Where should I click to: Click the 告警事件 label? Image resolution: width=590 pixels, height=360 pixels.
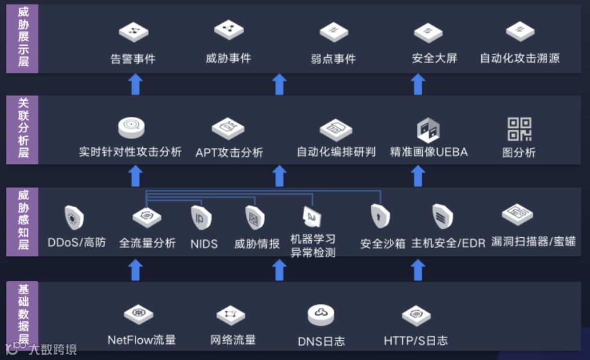coord(133,58)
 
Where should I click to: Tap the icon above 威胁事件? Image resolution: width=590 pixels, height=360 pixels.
coord(228,30)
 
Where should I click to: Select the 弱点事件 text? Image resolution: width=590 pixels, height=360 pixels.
coord(333,58)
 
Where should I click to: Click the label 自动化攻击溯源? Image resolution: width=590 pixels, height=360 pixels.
coord(519,58)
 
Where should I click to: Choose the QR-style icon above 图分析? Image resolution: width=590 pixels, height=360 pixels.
coord(519,129)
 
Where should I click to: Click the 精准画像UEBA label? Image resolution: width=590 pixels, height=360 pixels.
coord(429,152)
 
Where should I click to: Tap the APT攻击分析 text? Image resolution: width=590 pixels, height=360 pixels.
coord(229,152)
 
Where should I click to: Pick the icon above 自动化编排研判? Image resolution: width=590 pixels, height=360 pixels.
coord(336,130)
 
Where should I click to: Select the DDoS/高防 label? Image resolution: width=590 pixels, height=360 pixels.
coord(77,243)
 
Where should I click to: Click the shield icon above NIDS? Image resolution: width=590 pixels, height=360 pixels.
coord(201,219)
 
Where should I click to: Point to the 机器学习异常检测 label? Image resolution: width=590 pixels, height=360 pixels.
coord(313,245)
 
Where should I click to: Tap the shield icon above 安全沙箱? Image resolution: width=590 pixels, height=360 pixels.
coord(380,217)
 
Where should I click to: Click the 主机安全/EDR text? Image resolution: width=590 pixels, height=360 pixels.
coord(448,243)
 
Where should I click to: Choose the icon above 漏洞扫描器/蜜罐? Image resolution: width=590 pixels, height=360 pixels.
coord(517,215)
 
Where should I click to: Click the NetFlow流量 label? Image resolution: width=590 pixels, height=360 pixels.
coord(142,340)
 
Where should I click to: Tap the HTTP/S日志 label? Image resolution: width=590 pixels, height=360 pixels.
coord(415,340)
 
